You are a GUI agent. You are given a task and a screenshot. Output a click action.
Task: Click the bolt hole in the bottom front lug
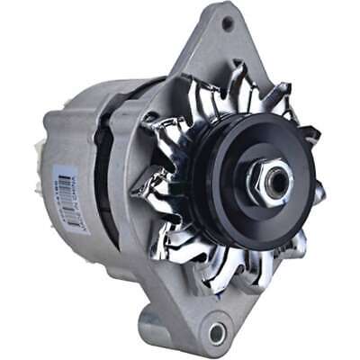215,332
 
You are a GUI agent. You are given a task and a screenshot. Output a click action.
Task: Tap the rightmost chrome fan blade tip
317,193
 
